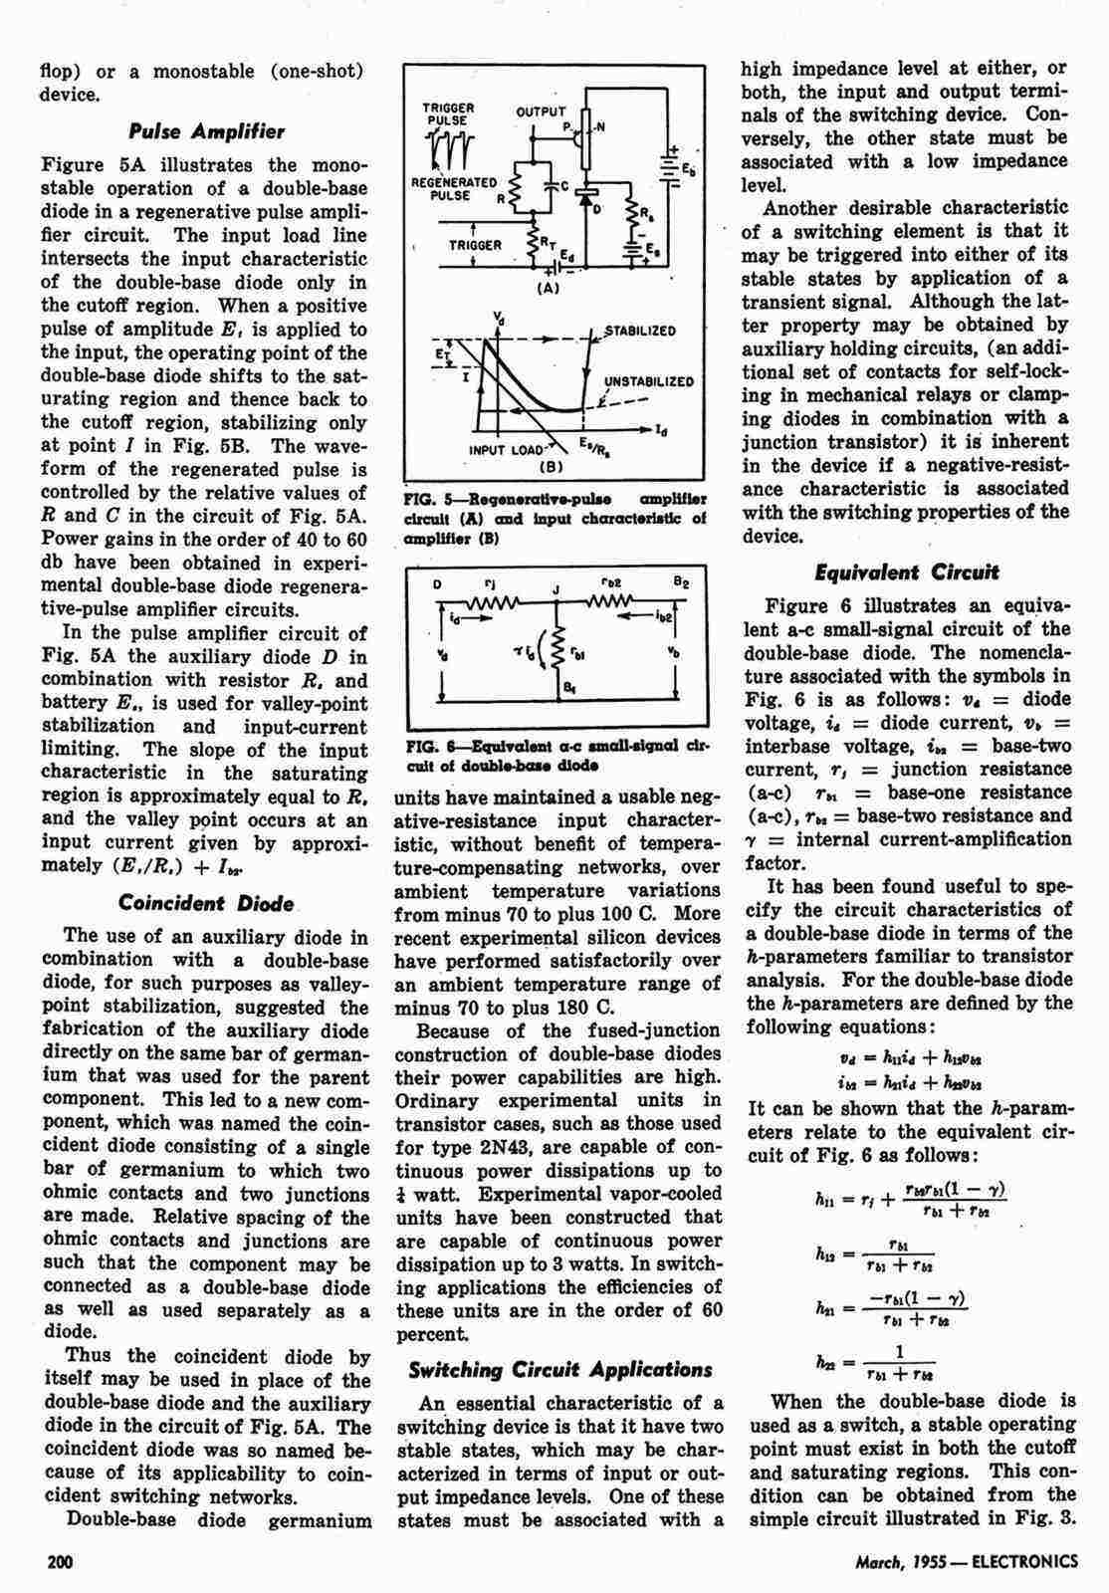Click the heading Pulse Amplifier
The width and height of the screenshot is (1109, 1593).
(x=207, y=131)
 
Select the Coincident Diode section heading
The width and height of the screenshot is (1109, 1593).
(x=206, y=903)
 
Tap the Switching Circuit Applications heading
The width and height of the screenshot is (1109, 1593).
(x=560, y=1369)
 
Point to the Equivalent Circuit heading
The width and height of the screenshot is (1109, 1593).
(x=907, y=572)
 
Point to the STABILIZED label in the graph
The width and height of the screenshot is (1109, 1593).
(x=642, y=331)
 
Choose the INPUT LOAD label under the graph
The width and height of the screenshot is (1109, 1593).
(x=505, y=449)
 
